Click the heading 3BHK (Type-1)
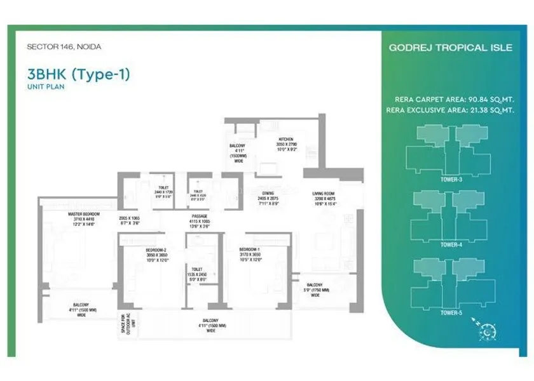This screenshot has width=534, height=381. [78, 74]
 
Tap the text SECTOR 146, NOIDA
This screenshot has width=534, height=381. [64, 46]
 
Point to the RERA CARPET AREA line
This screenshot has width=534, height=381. [454, 99]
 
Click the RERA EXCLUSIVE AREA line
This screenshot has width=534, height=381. [450, 110]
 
